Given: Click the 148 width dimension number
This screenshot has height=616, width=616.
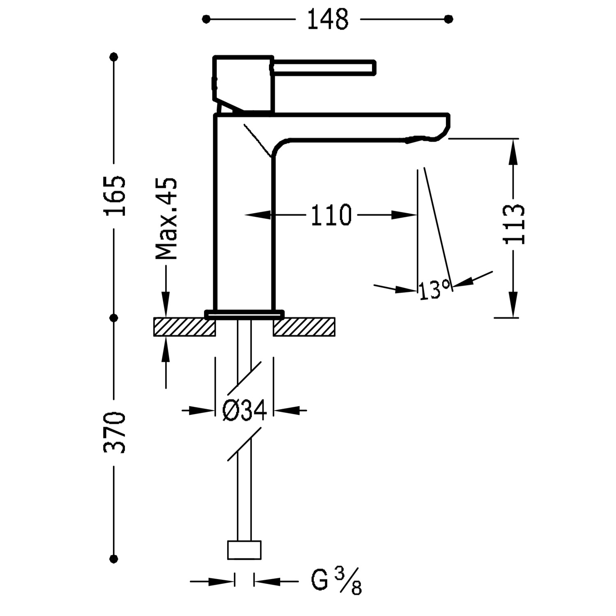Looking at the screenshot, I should (328, 19).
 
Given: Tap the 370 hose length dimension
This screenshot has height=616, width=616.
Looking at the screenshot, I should (114, 432).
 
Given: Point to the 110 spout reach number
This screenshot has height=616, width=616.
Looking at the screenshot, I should (331, 215).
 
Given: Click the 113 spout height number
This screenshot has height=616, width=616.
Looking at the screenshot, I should (514, 224).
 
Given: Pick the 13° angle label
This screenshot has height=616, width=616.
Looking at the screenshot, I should (434, 290).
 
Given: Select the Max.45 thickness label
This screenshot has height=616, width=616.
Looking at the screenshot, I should (166, 219).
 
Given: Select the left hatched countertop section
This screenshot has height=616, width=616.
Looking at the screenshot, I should (184, 327).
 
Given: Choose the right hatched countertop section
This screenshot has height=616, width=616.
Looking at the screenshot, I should (304, 327).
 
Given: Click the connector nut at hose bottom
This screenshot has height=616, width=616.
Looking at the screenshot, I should (244, 549).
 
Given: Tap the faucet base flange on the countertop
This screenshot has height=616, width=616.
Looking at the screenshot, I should (244, 314).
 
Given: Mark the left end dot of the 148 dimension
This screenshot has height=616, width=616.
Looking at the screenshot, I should (206, 19).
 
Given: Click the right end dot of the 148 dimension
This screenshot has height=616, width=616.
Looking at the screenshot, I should (449, 19).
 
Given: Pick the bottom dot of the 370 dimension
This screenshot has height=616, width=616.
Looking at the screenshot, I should (114, 559).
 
